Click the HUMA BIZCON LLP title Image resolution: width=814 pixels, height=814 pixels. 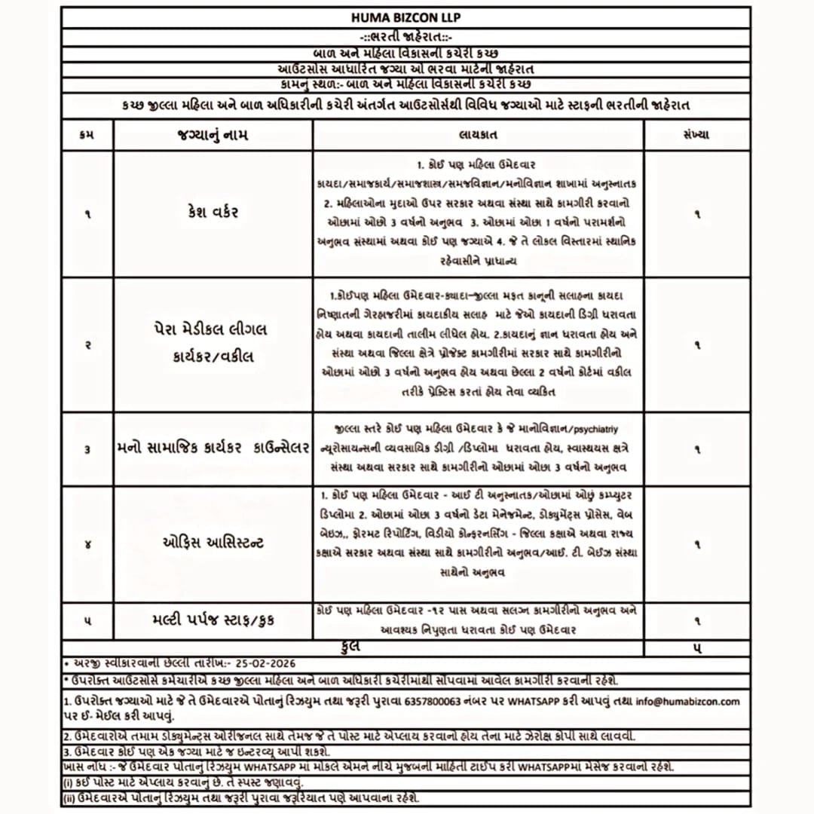click(x=406, y=17)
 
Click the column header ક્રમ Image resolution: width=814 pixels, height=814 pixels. click(x=87, y=135)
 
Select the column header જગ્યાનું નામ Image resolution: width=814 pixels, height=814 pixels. click(x=213, y=135)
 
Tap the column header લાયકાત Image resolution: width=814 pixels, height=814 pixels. click(x=477, y=135)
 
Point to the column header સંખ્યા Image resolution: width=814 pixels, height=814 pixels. click(x=697, y=135)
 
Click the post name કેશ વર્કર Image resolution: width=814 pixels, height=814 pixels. click(x=213, y=213)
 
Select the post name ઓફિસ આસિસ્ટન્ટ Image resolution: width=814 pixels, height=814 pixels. click(x=213, y=543)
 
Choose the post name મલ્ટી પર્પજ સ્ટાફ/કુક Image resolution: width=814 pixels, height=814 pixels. click(x=213, y=620)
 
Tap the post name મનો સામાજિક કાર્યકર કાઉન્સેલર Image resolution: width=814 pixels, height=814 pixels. click(x=213, y=448)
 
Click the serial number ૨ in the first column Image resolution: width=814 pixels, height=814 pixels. click(x=87, y=344)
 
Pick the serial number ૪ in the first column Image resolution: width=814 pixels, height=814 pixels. click(x=87, y=543)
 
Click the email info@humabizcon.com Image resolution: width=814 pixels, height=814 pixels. click(x=687, y=701)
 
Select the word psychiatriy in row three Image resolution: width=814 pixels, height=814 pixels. click(x=595, y=430)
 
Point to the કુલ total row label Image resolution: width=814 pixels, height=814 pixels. click(x=351, y=647)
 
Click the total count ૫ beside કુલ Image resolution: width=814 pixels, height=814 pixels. click(x=697, y=647)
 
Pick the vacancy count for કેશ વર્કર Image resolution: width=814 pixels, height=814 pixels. click(x=697, y=214)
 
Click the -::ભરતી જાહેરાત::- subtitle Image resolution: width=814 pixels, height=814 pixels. click(x=406, y=36)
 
